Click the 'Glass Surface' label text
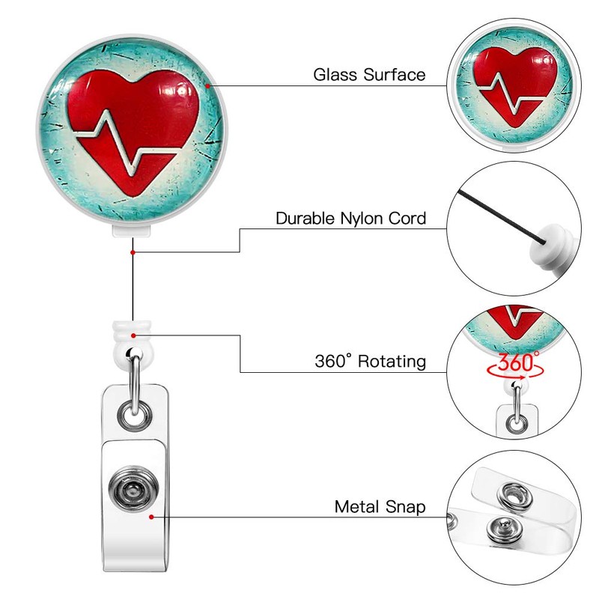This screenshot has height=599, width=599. coord(369,75)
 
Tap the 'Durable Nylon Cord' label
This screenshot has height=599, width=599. coord(350,219)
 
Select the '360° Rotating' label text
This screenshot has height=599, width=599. coord(370,362)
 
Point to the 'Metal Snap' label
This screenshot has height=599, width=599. coord(380,507)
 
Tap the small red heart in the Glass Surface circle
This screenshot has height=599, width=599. coord(516,82)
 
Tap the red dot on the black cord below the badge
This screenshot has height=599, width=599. coord(133,252)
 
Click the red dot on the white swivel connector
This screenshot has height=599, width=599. coord(133,335)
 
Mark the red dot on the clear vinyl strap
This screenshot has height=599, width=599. coord(152,516)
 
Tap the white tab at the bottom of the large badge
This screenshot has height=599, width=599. coord(133,230)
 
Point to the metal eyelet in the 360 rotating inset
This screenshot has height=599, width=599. coord(516,425)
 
